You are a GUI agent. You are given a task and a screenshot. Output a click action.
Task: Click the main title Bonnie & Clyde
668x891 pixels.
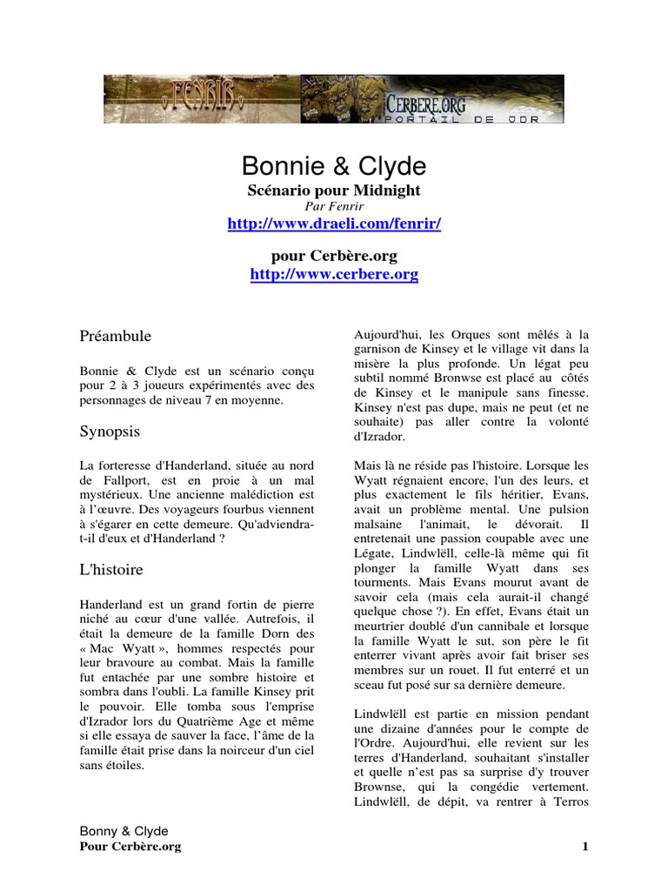334,166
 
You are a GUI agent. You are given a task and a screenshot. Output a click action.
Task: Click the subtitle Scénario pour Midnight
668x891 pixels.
334,190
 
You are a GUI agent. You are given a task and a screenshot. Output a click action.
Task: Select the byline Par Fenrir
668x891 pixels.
334,206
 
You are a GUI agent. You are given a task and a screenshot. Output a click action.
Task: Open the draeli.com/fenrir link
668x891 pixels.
334,224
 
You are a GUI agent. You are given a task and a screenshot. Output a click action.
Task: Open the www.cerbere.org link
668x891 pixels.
334,275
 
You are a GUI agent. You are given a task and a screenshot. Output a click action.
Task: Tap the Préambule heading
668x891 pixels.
115,335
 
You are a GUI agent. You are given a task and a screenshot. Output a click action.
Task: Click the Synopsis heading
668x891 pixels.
110,432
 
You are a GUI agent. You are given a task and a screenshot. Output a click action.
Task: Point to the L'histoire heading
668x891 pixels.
111,570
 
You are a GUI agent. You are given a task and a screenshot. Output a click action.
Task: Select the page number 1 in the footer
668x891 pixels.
585,847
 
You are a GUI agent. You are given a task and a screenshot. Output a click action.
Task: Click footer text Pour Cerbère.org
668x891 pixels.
130,847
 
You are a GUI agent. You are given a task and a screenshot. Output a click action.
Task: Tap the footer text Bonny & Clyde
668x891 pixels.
124,831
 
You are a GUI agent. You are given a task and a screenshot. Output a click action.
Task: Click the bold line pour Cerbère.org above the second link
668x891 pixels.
334,257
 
